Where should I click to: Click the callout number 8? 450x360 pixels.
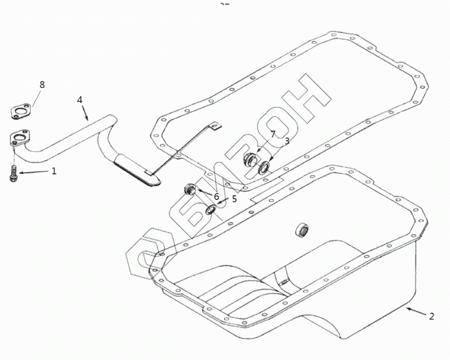42,85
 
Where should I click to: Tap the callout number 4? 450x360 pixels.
80,100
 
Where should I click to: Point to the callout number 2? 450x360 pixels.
431,317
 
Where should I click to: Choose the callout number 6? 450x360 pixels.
216,196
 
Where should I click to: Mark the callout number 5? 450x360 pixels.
234,199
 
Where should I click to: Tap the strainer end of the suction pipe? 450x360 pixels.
137,170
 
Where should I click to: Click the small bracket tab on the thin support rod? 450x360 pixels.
215,126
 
